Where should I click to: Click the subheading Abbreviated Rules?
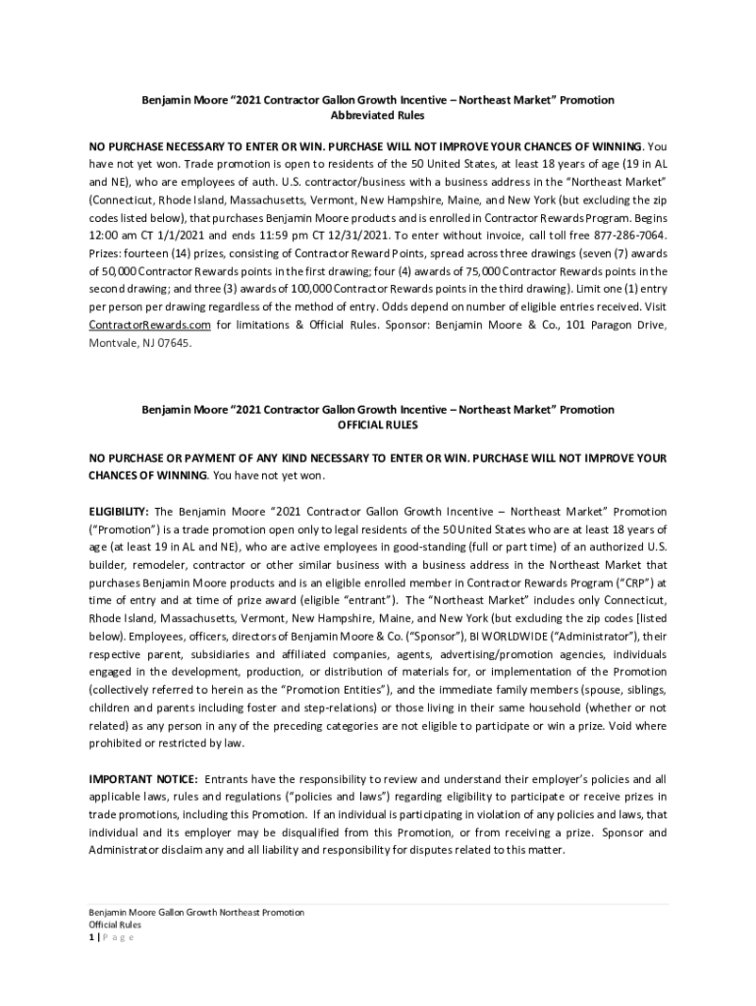(x=378, y=116)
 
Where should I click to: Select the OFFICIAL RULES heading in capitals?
(x=378, y=425)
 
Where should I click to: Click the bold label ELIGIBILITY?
(x=119, y=512)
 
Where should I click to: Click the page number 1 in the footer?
(x=91, y=936)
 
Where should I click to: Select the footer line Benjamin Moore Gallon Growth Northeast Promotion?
(x=196, y=913)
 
